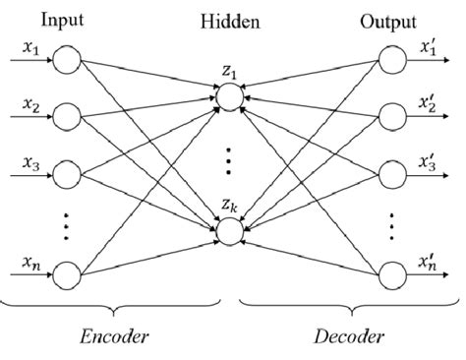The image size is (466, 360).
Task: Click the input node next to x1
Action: coord(67,63)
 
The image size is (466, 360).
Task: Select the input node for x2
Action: coord(67,116)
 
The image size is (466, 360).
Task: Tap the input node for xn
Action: coord(67,271)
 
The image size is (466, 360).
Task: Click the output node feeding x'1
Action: coord(390,63)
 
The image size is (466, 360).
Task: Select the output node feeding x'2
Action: coord(390,116)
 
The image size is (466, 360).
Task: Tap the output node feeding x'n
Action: coord(390,271)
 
